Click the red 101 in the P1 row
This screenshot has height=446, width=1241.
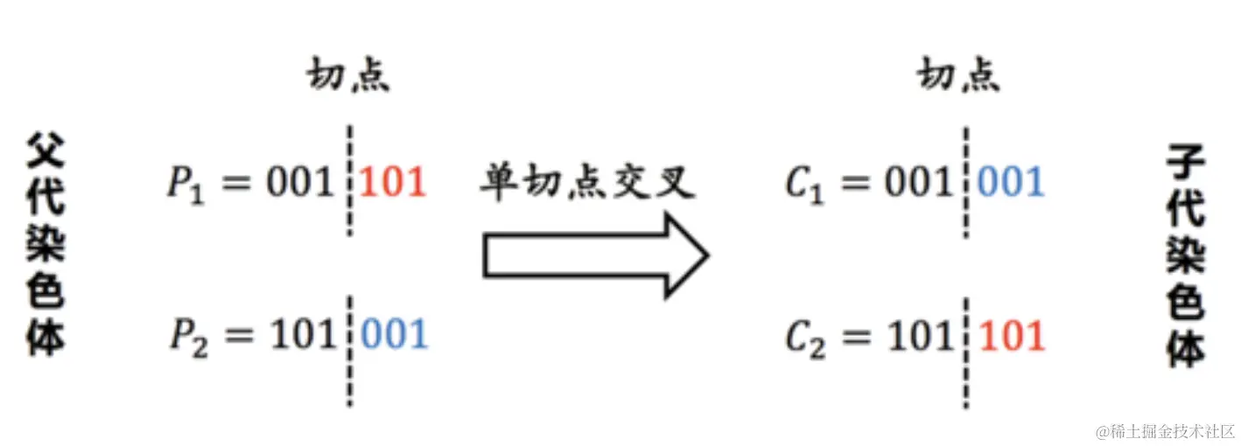coord(393,183)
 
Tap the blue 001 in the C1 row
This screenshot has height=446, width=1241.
coord(1012,183)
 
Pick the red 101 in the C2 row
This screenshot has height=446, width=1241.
coord(1013,337)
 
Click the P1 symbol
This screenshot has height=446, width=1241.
coord(186,185)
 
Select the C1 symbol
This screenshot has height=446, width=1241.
coord(804,185)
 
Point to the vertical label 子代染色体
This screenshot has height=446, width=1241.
coord(1187,255)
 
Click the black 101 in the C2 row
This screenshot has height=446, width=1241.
coord(918,337)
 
